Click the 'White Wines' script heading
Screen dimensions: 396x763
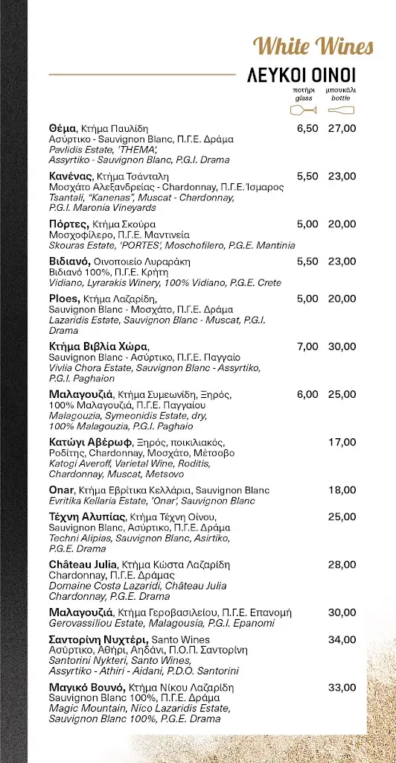pos(313,47)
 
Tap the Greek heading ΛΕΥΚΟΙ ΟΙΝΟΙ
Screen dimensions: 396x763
pos(301,75)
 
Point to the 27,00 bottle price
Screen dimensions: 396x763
pos(342,128)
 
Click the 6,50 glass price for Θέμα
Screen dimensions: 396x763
pos(307,128)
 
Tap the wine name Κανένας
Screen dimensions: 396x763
pos(71,176)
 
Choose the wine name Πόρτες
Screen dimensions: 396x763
pos(68,224)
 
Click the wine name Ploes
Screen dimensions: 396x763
pos(64,299)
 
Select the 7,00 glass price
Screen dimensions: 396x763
pos(307,346)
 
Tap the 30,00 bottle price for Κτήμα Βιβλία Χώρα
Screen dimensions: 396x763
pos(342,346)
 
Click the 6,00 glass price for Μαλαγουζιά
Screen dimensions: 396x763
pos(307,394)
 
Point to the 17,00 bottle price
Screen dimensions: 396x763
pos(342,442)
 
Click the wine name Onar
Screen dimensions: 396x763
pos(61,490)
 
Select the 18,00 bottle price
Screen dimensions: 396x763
pos(342,490)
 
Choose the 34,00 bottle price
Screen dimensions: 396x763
pos(342,639)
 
